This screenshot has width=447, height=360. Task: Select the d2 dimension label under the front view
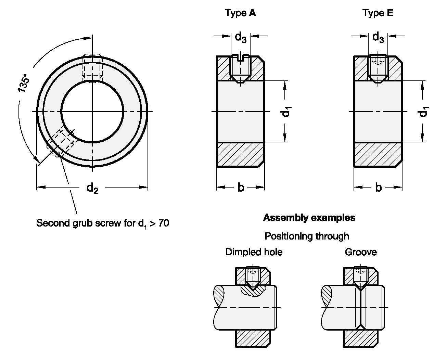(92, 188)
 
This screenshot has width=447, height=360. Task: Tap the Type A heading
(240, 13)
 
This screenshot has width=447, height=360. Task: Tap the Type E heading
(378, 13)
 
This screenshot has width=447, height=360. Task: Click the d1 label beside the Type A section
(287, 112)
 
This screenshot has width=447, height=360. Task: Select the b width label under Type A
(241, 188)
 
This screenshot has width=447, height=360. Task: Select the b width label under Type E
(378, 188)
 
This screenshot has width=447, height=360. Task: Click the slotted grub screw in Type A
(240, 68)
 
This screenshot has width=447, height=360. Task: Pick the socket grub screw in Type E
(378, 68)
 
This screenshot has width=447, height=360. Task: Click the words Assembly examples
(309, 218)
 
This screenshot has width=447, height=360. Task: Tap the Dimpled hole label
(254, 252)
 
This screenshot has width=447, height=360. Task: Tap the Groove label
(361, 252)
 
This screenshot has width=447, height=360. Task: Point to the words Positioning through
(307, 236)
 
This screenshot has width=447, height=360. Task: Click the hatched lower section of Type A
(240, 154)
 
